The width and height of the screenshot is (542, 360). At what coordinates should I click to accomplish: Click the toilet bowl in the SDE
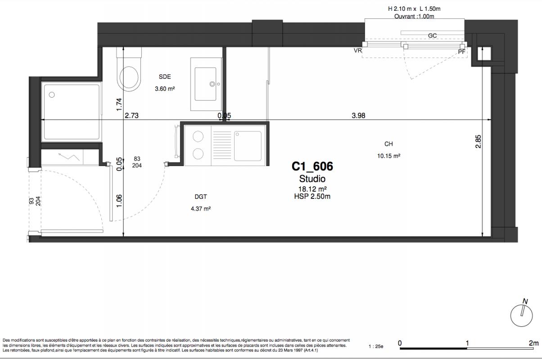coord(129,77)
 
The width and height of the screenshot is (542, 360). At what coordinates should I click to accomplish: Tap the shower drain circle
coord(52,94)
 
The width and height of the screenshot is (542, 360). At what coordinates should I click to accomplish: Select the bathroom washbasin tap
coord(212,84)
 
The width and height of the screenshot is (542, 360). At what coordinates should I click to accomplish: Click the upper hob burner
coord(198,136)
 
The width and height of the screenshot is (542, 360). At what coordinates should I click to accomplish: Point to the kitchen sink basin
coord(248,146)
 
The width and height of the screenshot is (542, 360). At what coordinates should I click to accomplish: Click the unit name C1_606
coord(312,166)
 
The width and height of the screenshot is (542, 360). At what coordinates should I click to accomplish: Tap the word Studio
coord(312,179)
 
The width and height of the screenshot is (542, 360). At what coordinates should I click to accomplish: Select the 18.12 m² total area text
coord(312,189)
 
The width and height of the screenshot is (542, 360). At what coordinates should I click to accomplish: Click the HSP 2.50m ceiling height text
coord(312,196)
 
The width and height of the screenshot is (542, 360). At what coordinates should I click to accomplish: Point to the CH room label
coord(388,144)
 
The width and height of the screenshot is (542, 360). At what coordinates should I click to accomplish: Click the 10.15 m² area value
coord(388,156)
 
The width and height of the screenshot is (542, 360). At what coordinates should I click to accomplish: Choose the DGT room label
coord(201,197)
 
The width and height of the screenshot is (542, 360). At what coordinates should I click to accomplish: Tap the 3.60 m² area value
coord(165,89)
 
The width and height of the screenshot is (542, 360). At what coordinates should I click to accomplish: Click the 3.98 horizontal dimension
coord(358,115)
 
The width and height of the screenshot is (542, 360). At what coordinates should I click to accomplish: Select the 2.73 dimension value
coord(131,115)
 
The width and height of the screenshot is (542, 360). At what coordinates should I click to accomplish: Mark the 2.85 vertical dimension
coord(478,142)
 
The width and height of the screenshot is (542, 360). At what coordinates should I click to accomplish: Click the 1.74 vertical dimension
coord(119,104)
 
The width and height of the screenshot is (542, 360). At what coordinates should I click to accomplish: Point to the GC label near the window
coord(433,36)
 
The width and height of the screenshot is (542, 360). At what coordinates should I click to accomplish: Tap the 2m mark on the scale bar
coord(533,343)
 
